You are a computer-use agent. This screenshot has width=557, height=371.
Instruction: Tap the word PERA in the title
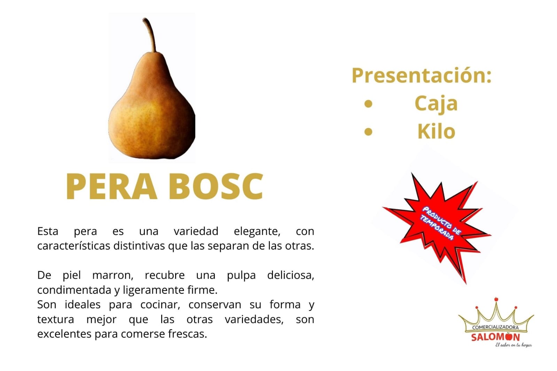(x=111, y=186)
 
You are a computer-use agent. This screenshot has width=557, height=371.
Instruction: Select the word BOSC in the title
(x=216, y=186)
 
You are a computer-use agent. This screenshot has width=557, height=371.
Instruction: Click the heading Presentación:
(x=422, y=76)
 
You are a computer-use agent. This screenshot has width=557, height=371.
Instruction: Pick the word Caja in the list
(x=436, y=103)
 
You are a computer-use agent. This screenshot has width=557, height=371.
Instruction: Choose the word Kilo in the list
(x=437, y=131)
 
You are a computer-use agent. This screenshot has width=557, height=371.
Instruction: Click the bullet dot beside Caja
(x=368, y=104)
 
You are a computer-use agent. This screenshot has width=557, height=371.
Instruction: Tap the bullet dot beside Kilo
(x=368, y=132)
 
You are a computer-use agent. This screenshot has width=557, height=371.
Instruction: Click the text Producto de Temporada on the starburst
(x=441, y=223)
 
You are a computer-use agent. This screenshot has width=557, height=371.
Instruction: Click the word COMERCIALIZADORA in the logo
(x=495, y=327)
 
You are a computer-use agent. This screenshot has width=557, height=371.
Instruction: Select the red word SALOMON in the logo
(x=495, y=337)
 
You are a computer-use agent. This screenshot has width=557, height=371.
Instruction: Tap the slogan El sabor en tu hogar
(x=513, y=345)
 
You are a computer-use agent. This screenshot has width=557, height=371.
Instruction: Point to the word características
(x=73, y=246)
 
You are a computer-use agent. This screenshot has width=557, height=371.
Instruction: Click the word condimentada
(x=74, y=290)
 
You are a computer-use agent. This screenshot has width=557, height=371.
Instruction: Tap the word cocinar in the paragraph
(x=160, y=305)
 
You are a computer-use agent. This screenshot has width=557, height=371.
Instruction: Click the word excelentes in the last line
(x=64, y=334)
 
